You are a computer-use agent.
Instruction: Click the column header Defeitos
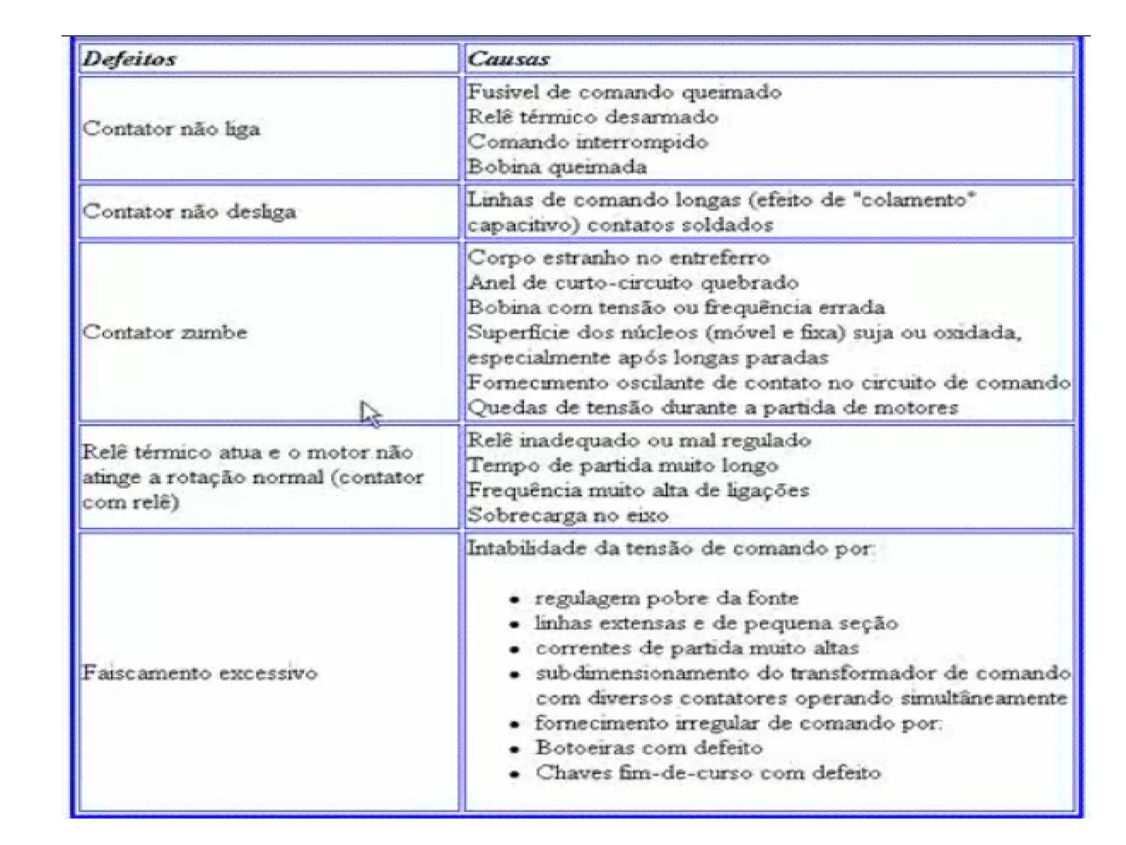[x=130, y=58]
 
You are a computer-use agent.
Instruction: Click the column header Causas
[x=509, y=58]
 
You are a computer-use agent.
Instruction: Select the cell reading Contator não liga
[x=172, y=129]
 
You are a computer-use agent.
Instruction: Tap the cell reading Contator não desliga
[x=190, y=211]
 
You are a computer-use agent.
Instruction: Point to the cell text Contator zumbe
[x=165, y=332]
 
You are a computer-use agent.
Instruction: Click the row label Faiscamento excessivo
[x=200, y=672]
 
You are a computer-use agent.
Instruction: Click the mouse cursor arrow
[x=369, y=413]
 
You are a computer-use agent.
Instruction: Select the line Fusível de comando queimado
[x=625, y=92]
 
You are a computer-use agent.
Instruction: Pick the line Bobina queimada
[x=557, y=167]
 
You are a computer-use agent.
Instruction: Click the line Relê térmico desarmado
[x=593, y=117]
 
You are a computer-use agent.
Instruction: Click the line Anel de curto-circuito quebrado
[x=633, y=282]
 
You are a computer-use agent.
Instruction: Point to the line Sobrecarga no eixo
[x=568, y=515]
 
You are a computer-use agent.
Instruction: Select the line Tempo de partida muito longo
[x=623, y=465]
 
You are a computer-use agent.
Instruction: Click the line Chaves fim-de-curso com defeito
[x=708, y=772]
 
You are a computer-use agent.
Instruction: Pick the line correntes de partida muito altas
[x=697, y=648]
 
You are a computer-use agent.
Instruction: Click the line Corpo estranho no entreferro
[x=619, y=257]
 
